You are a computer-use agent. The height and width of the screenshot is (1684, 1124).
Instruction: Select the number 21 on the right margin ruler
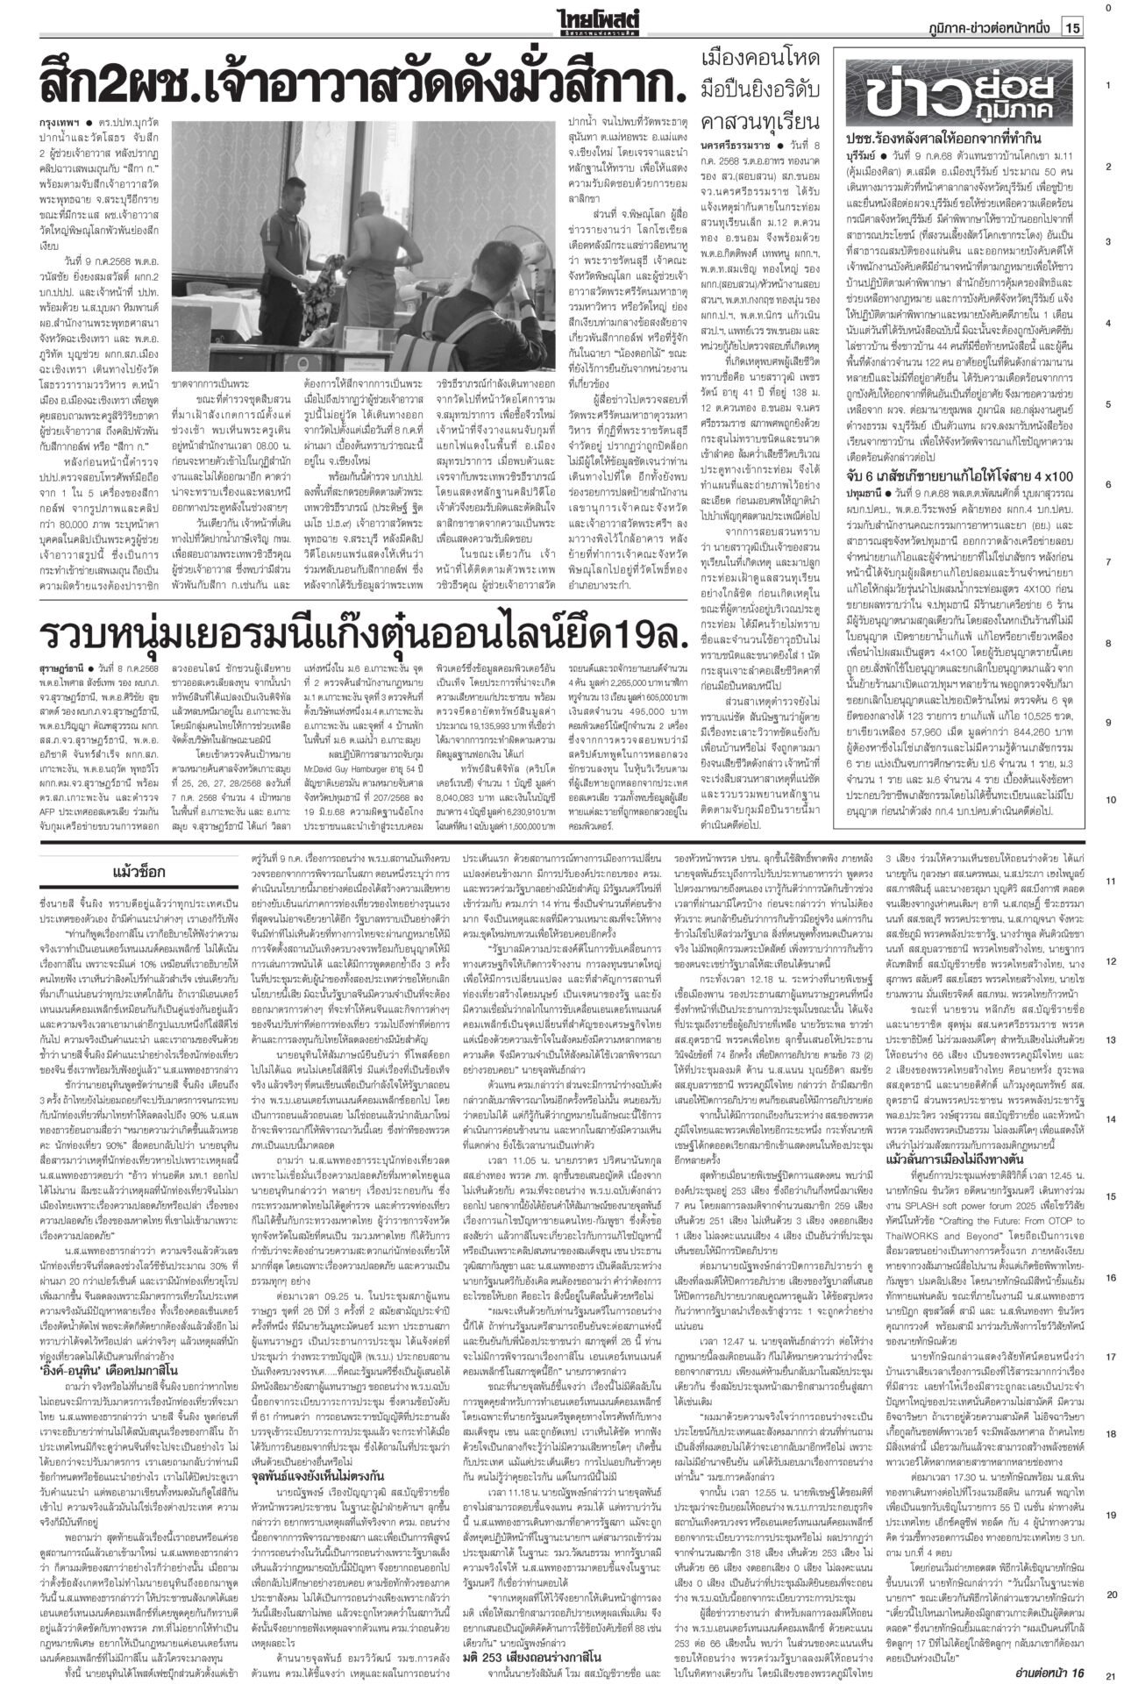click(1109, 1673)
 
